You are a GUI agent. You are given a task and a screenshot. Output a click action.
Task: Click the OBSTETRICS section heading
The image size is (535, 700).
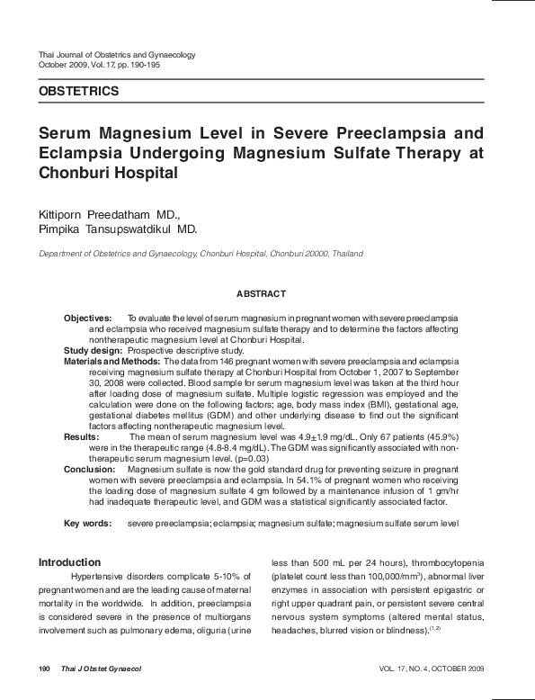coord(78,92)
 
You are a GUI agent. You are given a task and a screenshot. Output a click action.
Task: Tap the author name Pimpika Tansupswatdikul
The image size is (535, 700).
coord(117,229)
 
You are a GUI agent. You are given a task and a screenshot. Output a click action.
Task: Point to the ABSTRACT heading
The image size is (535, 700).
coord(261,294)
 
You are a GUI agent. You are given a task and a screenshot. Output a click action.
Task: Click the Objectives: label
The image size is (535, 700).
coord(87,319)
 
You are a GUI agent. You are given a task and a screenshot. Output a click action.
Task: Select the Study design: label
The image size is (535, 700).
coord(93,350)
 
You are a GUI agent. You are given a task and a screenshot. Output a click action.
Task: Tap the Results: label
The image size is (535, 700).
coord(81,435)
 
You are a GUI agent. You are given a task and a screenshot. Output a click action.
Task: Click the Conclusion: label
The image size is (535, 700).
coord(89,470)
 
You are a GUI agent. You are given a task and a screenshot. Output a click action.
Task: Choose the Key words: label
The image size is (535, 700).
coord(87,523)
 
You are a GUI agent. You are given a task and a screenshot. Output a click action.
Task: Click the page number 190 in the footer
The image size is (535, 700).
coord(44,669)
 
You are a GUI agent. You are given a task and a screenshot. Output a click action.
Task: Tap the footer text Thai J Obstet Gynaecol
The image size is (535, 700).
coord(101,669)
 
